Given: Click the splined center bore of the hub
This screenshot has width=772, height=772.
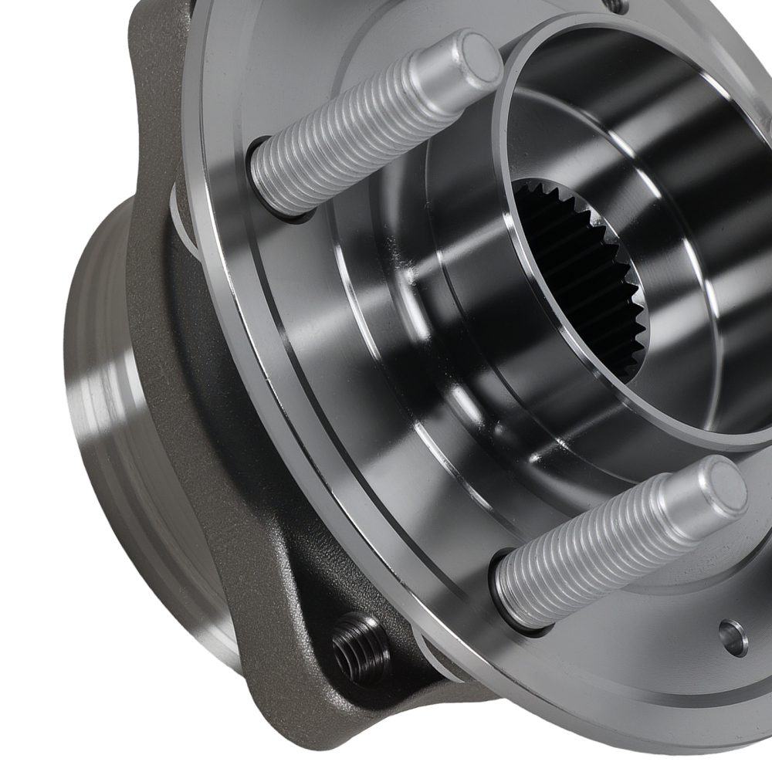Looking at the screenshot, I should coord(587,278).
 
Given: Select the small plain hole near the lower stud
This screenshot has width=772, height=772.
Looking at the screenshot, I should coord(733,637).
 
